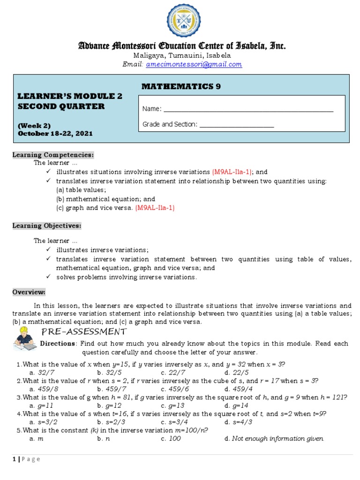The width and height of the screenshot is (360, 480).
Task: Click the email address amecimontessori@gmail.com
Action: tap(194, 65)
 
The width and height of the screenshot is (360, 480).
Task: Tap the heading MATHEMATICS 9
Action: tap(181, 86)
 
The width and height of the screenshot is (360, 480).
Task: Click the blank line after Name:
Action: tap(248, 109)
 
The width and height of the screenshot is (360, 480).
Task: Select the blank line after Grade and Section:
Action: tap(237, 125)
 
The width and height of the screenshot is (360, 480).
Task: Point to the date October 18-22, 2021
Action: tap(55, 134)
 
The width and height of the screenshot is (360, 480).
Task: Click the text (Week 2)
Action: tap(34, 126)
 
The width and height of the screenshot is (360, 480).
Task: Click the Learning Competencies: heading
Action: tap(53, 155)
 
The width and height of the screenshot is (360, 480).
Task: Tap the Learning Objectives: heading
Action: tap(47, 226)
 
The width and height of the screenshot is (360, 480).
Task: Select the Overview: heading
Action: tap(29, 292)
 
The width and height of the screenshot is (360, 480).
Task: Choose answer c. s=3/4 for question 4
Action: tap(173, 422)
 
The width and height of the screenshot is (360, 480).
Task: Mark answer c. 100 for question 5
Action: tap(172, 439)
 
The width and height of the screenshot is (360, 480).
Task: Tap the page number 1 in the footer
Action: tap(14, 459)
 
